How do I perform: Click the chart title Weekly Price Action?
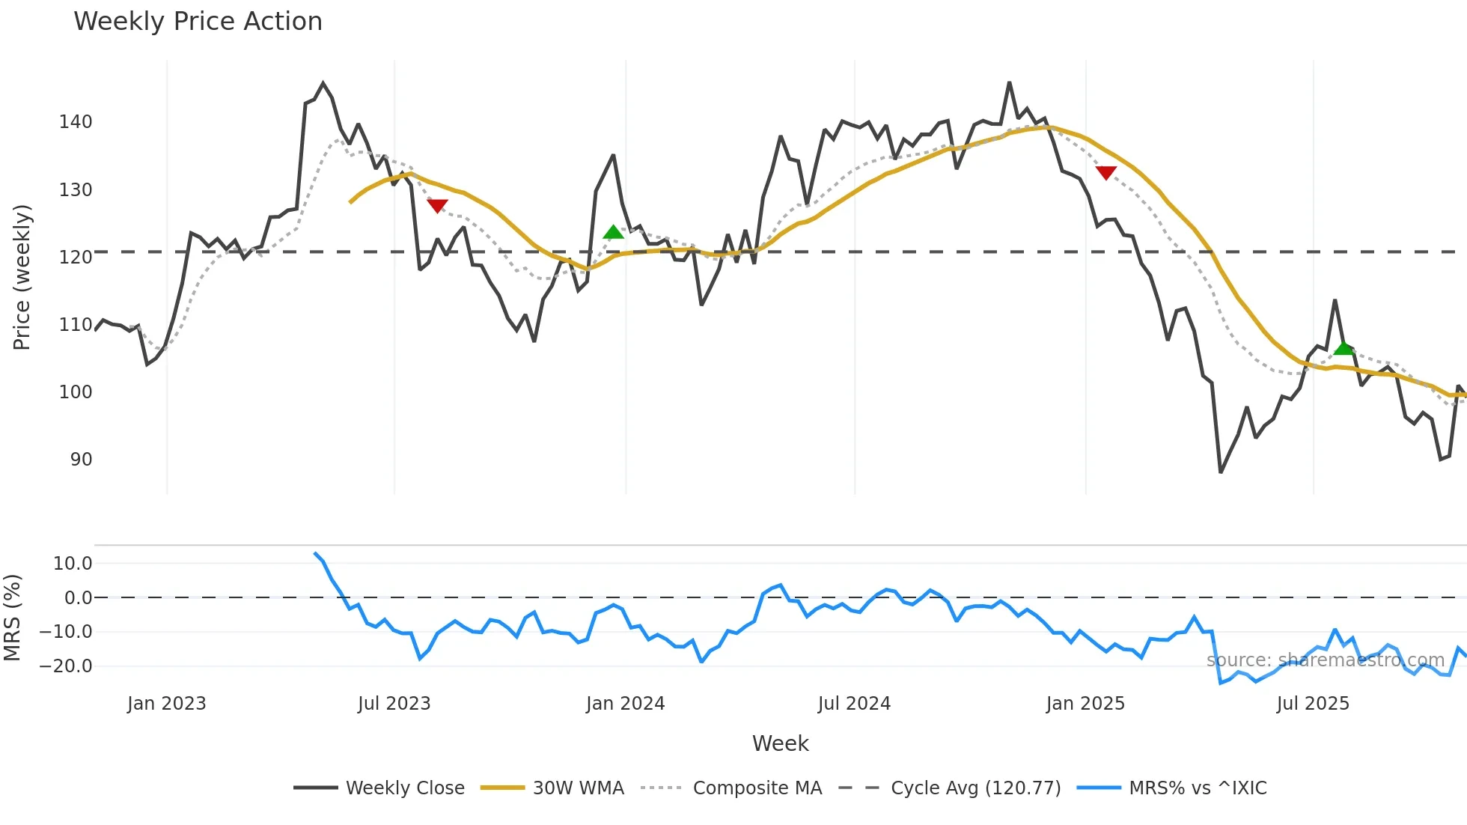click(198, 22)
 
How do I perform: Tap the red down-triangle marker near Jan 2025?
click(1105, 173)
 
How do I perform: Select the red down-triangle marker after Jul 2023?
click(437, 205)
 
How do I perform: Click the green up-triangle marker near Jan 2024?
click(613, 232)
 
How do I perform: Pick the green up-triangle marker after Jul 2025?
click(1344, 348)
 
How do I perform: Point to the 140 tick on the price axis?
click(76, 122)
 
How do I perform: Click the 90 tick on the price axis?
click(81, 460)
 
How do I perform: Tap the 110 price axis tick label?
click(76, 325)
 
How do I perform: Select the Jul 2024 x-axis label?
click(854, 704)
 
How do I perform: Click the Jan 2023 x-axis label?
click(166, 704)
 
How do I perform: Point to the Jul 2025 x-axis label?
click(1313, 704)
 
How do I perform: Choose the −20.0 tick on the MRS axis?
click(66, 666)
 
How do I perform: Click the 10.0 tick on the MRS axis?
click(73, 564)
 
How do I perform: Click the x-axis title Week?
click(780, 743)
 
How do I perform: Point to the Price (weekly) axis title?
click(22, 277)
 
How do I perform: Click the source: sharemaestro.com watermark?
click(1326, 660)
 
